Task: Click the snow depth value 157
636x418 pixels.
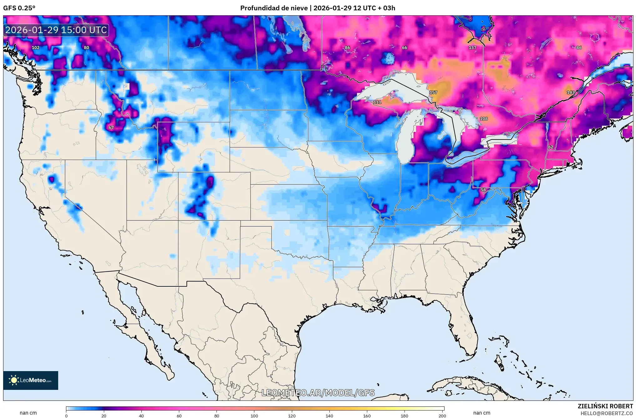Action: coord(433,93)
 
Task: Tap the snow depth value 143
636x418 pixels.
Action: coord(570,93)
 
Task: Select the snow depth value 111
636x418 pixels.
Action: coord(377,102)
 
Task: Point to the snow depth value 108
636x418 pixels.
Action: coord(483,119)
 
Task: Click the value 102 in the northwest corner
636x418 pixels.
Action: coord(36,48)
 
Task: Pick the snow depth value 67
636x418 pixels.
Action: coord(111,128)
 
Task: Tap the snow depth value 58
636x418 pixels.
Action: coord(483,190)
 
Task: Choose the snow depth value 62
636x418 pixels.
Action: coord(551,147)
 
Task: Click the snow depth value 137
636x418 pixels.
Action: coord(472,48)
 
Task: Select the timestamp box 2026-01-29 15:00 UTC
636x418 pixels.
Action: coord(56,30)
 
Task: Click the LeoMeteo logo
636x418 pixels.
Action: coord(31,380)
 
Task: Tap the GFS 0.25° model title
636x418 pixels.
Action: coord(19,8)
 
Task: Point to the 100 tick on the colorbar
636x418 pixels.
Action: coord(254,415)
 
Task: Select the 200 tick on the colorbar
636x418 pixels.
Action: coord(442,415)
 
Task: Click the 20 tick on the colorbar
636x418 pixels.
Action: coord(104,415)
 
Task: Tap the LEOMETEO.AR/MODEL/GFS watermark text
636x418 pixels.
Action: coord(318,393)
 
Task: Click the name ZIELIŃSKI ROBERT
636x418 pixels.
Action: coord(605,406)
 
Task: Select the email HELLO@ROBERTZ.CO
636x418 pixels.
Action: coord(607,413)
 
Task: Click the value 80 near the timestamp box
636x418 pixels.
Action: coord(86,48)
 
